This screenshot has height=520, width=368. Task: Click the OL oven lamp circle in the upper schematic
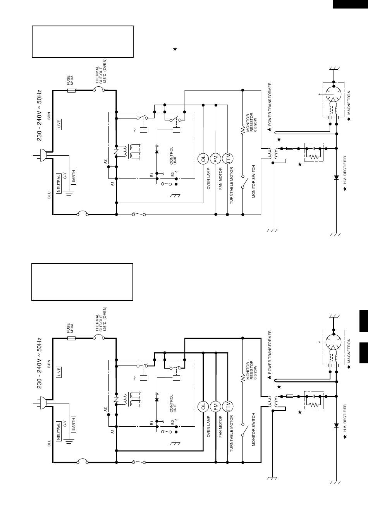click(203, 159)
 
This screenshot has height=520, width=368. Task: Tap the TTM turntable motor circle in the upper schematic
click(228, 159)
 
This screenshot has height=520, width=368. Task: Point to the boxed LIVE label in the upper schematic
click(59, 124)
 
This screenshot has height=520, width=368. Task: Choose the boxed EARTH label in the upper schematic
click(73, 177)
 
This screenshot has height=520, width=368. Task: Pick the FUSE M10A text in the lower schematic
click(70, 328)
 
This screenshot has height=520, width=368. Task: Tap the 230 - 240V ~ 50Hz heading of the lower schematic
click(39, 363)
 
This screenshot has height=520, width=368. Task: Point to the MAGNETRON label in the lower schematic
click(349, 350)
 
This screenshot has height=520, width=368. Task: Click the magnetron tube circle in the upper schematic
click(334, 94)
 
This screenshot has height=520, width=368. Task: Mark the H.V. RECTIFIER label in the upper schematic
click(345, 170)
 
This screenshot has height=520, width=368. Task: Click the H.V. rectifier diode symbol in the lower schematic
click(336, 425)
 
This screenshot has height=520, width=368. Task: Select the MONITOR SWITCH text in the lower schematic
click(254, 429)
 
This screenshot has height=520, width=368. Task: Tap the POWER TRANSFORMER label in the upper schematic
click(270, 104)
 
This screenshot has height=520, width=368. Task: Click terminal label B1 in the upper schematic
click(151, 175)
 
